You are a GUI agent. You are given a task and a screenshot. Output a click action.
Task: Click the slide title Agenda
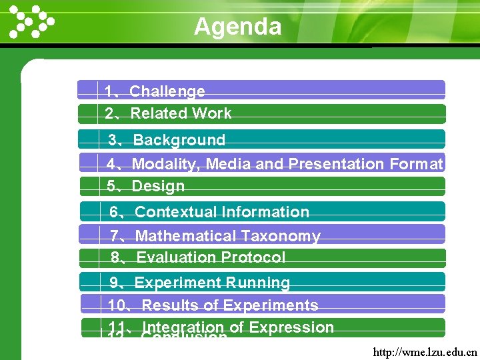point(237,27)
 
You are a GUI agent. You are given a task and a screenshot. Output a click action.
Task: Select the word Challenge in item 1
point(167,91)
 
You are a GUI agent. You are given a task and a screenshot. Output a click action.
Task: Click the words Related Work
point(181,113)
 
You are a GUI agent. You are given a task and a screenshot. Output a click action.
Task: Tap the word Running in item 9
point(257,283)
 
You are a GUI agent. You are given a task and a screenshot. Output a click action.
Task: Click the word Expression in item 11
point(291,327)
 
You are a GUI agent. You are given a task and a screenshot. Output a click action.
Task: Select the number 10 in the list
point(117,305)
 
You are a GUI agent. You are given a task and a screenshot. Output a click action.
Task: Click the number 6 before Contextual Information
point(114,212)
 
